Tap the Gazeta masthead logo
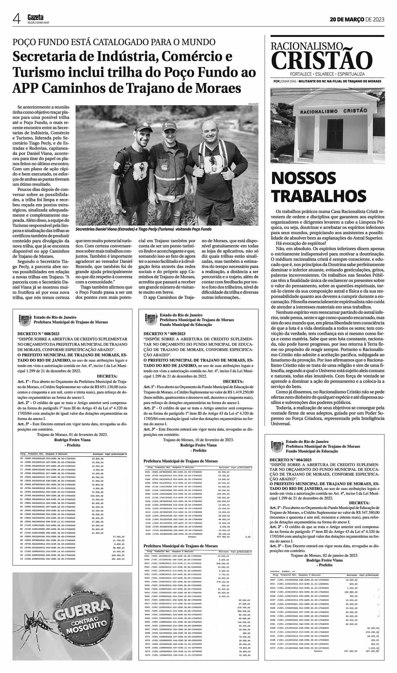click(x=35, y=18)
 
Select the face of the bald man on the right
click(x=210, y=132)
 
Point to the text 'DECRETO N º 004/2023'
click(x=290, y=460)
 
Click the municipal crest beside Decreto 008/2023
click(x=24, y=319)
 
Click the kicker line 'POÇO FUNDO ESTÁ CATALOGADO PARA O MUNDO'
click(x=114, y=42)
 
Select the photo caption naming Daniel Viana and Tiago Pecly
click(x=143, y=229)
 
